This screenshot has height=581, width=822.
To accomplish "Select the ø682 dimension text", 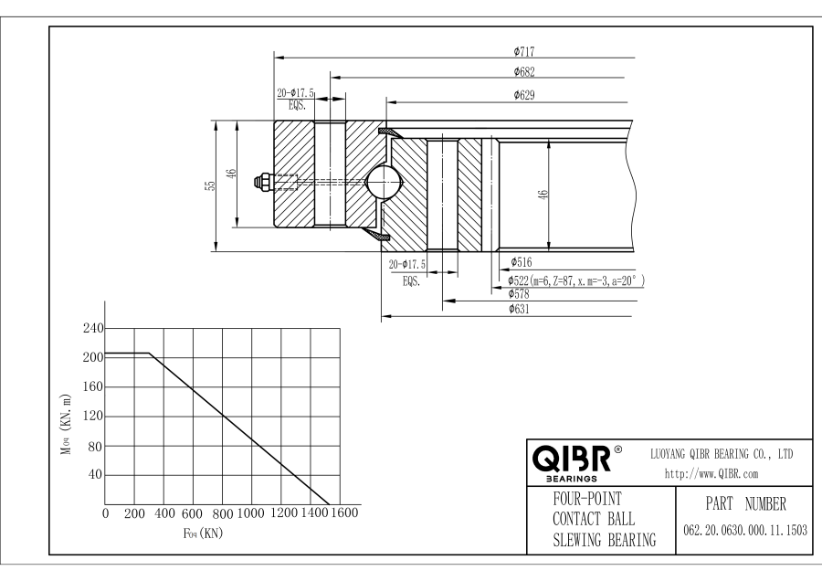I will (524, 72).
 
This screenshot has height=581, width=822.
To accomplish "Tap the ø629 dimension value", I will (524, 94).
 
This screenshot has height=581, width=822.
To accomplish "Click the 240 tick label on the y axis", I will (93, 328).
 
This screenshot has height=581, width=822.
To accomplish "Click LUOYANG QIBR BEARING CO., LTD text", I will (721, 453).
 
